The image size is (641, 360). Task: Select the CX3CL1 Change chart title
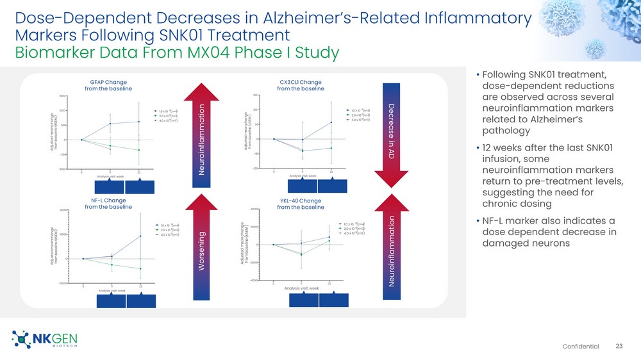pos(301,85)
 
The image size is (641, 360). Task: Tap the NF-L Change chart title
pos(108,204)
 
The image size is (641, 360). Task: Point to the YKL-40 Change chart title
pos(301,204)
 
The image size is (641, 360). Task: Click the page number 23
pos(619,346)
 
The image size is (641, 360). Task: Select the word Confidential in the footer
pos(581,347)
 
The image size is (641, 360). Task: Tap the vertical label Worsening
pos(203,250)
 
